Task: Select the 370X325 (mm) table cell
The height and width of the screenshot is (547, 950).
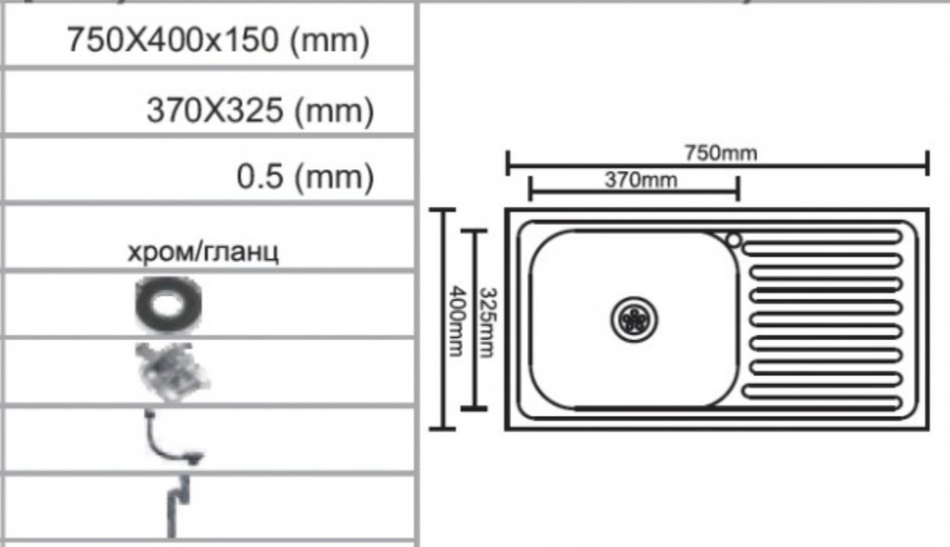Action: pos(211,102)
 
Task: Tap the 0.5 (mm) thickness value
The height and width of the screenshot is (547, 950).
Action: pos(305,176)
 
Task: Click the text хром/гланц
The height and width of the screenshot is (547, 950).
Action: pos(203,251)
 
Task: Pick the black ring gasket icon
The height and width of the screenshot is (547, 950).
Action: pos(169,305)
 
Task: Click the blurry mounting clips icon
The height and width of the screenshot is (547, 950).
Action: pos(173,372)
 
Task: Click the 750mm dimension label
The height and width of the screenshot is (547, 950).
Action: pos(721,152)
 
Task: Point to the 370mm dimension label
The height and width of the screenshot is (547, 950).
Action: pos(641,179)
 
